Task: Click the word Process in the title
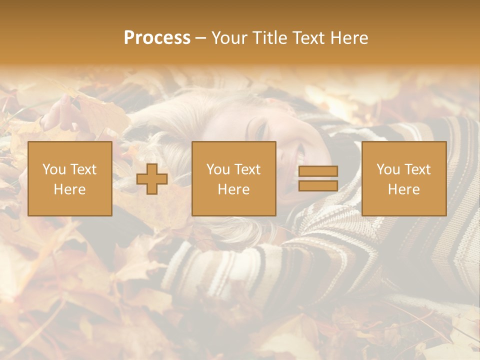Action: (x=157, y=38)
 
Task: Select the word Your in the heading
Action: (x=227, y=38)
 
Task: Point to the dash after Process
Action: (x=200, y=38)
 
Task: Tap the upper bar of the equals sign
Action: (x=318, y=171)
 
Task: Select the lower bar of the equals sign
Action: (x=318, y=186)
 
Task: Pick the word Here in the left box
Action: (x=69, y=189)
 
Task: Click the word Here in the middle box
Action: (x=233, y=189)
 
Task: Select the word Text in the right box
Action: (x=417, y=169)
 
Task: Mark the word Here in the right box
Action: (x=403, y=189)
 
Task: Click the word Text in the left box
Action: (x=83, y=169)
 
